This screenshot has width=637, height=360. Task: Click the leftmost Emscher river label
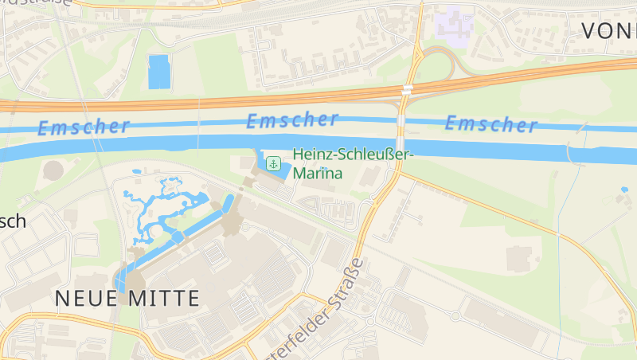coord(83,127)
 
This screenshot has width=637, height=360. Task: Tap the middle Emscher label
coord(292,121)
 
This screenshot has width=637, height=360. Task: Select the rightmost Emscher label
coord(490,124)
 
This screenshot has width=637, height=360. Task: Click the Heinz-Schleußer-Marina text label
coord(353,163)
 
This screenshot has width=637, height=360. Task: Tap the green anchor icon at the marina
coord(274,164)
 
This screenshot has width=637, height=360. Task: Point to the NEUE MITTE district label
coord(127,299)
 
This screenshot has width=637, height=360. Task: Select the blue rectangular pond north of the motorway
coord(159,72)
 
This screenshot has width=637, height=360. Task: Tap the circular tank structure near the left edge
coord(53,170)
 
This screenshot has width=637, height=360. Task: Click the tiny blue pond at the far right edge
coord(624,190)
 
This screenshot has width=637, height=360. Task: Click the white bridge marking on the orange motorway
coord(407,90)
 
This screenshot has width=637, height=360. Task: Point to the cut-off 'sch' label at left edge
coord(14,221)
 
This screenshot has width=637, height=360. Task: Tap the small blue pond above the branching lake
coord(137,171)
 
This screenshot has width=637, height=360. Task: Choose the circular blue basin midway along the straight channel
coord(177,237)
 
